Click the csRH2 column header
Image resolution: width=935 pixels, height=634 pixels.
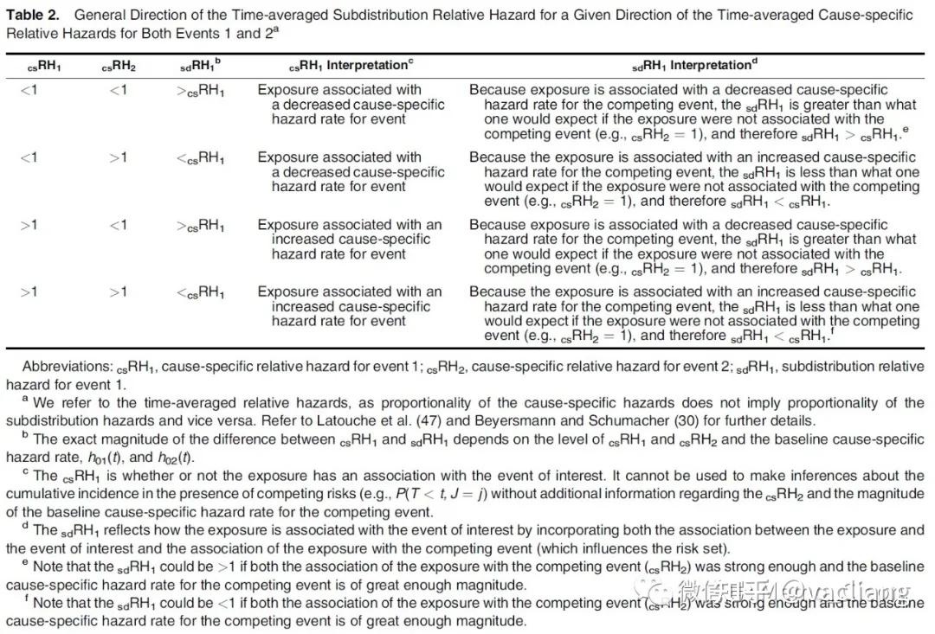coord(119,66)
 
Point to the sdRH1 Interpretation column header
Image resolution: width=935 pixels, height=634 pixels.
coord(693,65)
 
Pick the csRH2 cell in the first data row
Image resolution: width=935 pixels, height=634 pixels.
coord(118,90)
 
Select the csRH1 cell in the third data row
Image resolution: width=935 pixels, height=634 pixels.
coord(29,225)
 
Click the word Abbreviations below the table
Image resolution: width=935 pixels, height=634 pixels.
coord(63,367)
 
